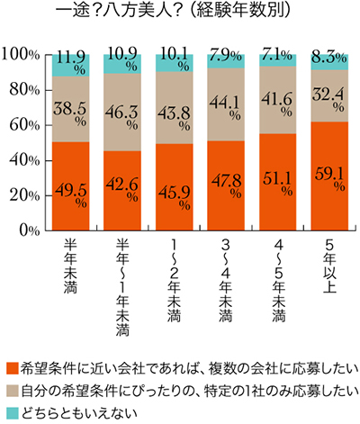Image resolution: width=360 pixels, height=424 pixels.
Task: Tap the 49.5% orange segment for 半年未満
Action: tap(70, 185)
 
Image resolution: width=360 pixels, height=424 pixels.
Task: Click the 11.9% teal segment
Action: tap(70, 64)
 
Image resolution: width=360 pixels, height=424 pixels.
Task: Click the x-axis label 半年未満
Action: tap(70, 271)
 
